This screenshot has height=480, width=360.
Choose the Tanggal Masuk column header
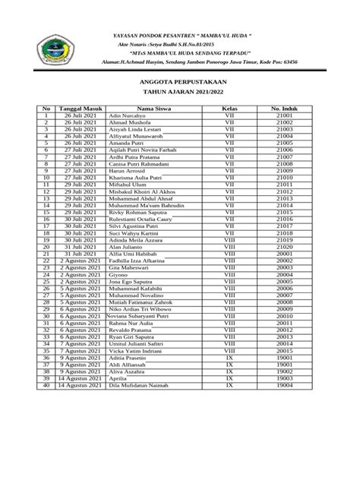(79, 108)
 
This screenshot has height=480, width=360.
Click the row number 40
(46, 386)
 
